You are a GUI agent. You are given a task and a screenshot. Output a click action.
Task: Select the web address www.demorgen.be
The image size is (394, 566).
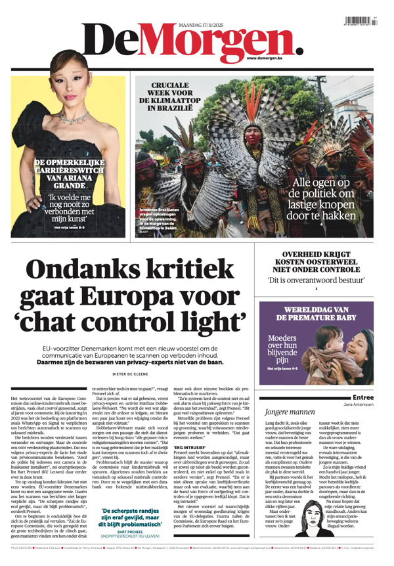pos(270,58)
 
